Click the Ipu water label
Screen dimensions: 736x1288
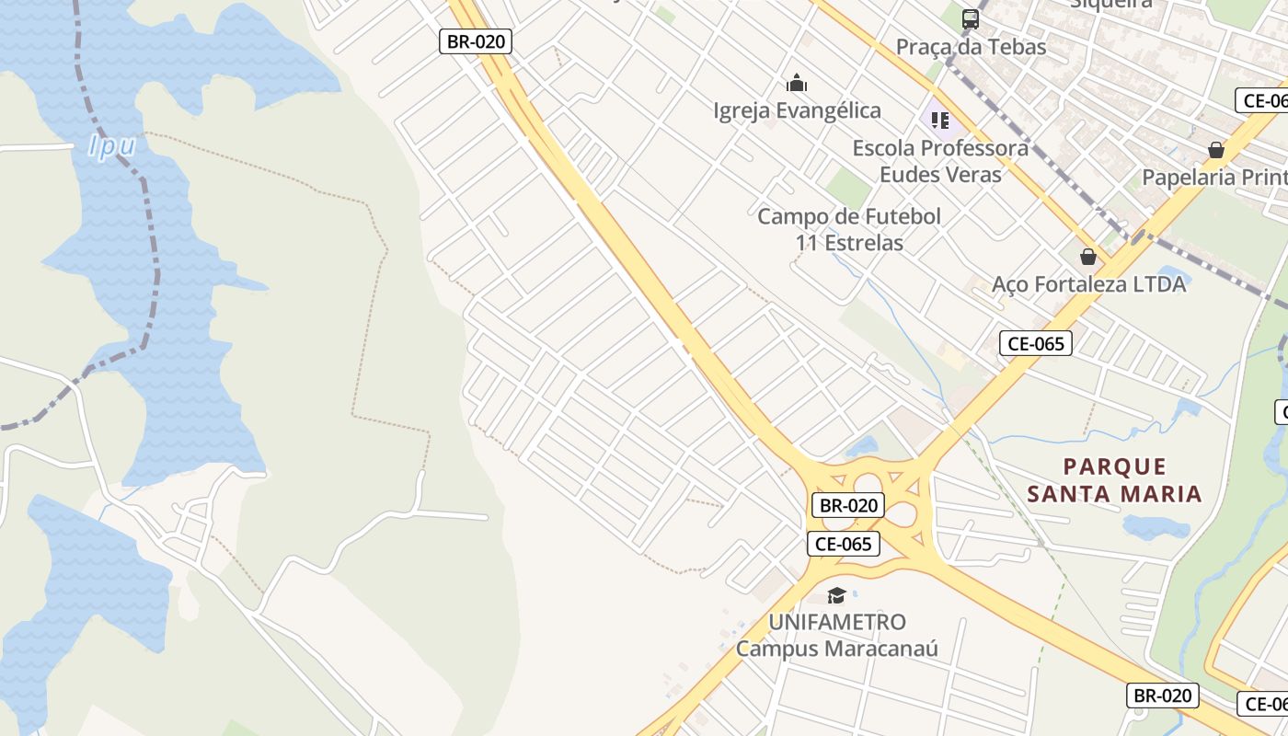click(112, 146)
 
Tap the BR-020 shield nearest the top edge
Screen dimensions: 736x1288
click(475, 41)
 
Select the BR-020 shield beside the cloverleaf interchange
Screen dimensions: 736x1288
click(848, 505)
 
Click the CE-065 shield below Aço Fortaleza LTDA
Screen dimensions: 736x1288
click(1036, 344)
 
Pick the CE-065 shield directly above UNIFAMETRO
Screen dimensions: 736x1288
click(844, 544)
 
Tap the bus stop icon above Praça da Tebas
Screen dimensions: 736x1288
click(970, 18)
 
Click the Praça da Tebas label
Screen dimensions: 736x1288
click(972, 47)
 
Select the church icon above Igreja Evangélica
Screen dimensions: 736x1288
click(797, 84)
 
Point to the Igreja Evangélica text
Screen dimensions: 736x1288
click(797, 111)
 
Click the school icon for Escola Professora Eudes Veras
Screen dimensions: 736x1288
click(939, 121)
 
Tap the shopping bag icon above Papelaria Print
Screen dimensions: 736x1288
click(1216, 150)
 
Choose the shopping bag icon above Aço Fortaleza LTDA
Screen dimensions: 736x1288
click(1088, 257)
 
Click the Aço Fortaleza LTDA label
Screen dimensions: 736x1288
click(1088, 284)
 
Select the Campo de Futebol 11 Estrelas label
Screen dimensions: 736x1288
click(849, 230)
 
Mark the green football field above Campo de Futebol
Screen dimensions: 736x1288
click(847, 188)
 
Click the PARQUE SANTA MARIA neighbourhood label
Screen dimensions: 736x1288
click(1114, 480)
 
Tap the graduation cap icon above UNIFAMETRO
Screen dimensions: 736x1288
click(836, 595)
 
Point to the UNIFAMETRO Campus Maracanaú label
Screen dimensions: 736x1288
click(836, 635)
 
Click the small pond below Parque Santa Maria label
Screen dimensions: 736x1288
click(1156, 527)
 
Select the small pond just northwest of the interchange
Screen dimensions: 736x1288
click(862, 447)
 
